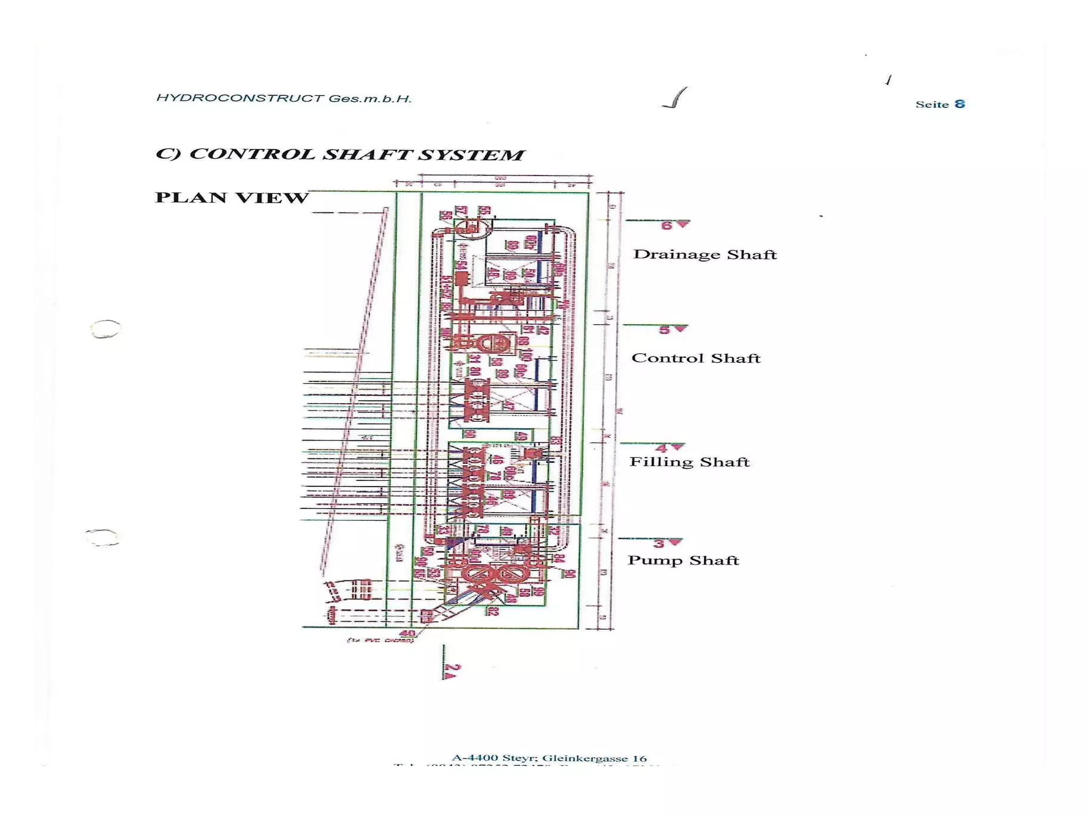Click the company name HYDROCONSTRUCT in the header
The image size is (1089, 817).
[240, 98]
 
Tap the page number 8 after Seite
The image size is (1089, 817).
[959, 104]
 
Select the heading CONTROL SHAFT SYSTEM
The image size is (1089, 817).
[356, 154]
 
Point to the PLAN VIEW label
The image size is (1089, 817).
[232, 197]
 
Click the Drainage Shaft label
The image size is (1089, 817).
[705, 254]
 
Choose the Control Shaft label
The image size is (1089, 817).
[696, 358]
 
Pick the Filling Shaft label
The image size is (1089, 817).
[689, 462]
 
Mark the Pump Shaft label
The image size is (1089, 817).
[683, 560]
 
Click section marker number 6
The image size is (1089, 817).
[667, 226]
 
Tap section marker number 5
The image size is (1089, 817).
[665, 330]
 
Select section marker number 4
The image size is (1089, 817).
[661, 448]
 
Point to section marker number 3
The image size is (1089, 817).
[659, 544]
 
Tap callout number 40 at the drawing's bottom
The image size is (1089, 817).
[407, 633]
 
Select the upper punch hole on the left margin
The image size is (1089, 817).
[106, 329]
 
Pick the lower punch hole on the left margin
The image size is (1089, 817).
[102, 537]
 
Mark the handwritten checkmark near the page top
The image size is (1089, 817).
[675, 98]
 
